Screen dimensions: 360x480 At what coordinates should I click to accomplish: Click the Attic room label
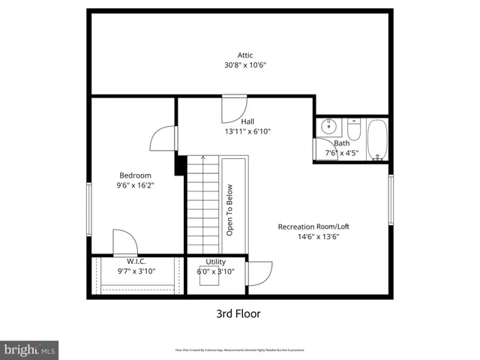(x=245, y=55)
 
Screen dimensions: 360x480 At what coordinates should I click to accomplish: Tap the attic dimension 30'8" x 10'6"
(x=245, y=65)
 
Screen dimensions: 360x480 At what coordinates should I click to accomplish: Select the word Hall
(x=247, y=121)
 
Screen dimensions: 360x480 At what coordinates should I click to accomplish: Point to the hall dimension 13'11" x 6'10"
(x=247, y=131)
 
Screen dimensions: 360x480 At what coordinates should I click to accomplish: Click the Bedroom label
(x=135, y=175)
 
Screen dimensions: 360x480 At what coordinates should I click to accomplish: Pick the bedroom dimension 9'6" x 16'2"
(x=135, y=186)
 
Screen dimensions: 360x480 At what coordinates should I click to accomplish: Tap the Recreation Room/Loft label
(x=313, y=226)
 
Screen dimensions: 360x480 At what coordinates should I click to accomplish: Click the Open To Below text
(x=231, y=211)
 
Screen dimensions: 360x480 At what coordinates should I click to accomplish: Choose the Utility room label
(x=216, y=262)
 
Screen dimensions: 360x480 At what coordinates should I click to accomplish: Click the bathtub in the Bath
(x=378, y=139)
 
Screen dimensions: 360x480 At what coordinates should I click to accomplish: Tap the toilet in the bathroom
(x=355, y=131)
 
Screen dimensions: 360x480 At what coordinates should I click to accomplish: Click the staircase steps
(x=201, y=206)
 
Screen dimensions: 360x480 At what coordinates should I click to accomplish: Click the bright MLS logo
(x=30, y=349)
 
